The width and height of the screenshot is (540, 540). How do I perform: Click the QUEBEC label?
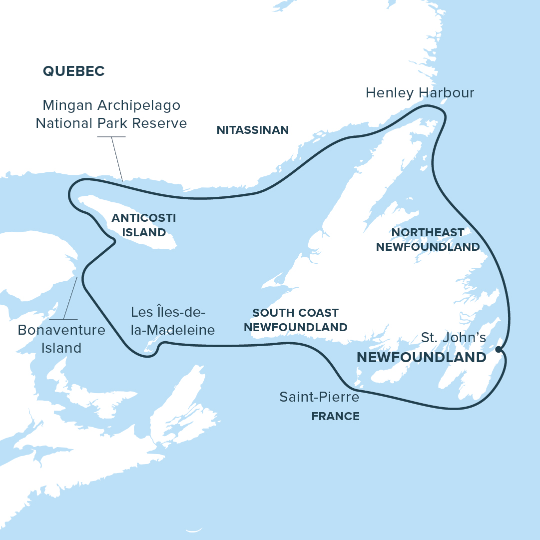click(x=73, y=71)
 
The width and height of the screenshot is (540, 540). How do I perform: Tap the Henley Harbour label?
click(x=420, y=93)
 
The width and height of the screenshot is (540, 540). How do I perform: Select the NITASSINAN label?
click(x=252, y=130)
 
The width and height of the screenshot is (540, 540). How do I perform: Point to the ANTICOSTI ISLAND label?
click(x=144, y=225)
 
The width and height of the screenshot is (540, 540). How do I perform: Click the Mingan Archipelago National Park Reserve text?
click(x=111, y=114)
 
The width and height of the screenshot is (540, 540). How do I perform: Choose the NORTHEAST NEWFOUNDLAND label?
click(x=428, y=240)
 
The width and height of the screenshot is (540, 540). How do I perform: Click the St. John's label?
click(x=453, y=338)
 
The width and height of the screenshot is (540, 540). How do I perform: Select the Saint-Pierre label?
click(x=319, y=398)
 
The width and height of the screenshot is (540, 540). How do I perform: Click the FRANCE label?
click(x=335, y=416)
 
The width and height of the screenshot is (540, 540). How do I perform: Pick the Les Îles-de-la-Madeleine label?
click(x=172, y=321)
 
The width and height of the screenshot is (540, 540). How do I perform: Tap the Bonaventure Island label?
click(x=61, y=339)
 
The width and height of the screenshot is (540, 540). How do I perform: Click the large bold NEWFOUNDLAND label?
click(x=421, y=358)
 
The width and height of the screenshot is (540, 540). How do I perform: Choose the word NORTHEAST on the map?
click(x=428, y=233)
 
